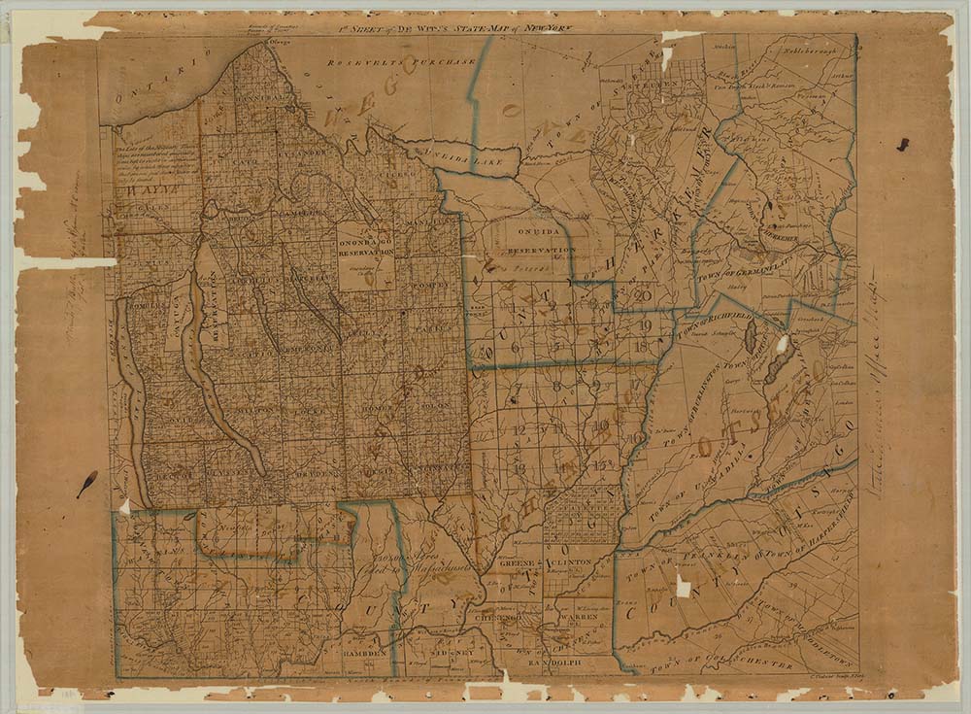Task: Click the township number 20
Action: pos(642,296)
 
